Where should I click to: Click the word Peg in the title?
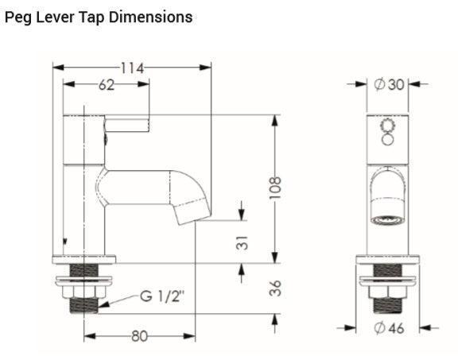pos(18,17)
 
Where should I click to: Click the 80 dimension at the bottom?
pos(140,336)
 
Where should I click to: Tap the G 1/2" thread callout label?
pos(162,296)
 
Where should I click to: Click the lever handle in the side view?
pos(127,123)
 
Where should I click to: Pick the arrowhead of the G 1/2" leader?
pos(101,304)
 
